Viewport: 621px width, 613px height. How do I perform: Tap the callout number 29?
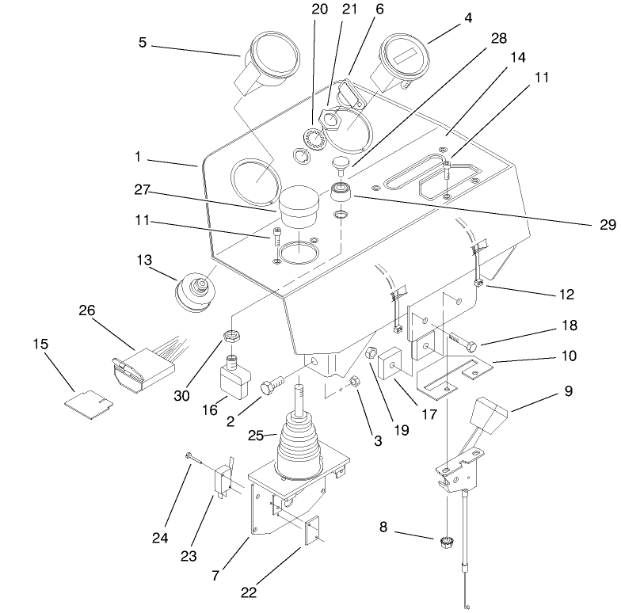coord(606,225)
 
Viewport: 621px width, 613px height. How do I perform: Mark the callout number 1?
coord(137,158)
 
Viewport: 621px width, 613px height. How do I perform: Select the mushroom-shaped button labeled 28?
coord(341,165)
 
